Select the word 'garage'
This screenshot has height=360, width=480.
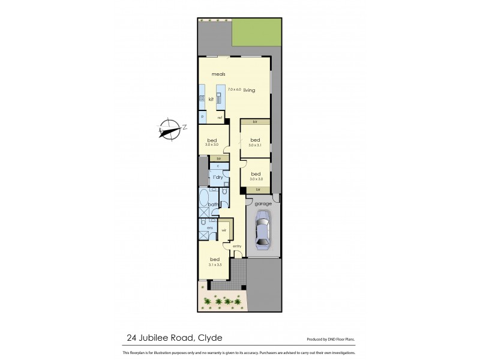[x=263, y=204]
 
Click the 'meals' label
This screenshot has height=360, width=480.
[x=217, y=74]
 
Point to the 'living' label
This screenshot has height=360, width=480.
[x=249, y=91]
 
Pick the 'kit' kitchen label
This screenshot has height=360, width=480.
[x=211, y=100]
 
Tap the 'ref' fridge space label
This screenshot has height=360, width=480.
[x=220, y=117]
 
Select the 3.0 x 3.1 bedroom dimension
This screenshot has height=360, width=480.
[x=255, y=145]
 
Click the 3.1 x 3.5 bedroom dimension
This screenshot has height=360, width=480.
[x=215, y=265]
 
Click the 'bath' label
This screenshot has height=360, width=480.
[x=212, y=205]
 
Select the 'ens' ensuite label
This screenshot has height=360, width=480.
[x=210, y=228]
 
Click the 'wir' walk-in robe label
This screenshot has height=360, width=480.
[x=223, y=229]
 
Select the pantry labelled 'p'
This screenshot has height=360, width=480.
[x=203, y=116]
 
